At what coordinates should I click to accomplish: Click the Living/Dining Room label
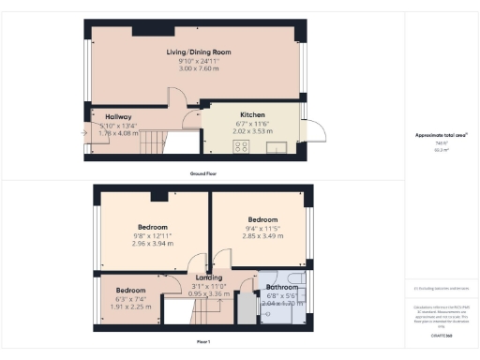198,52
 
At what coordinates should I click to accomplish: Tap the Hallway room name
117,115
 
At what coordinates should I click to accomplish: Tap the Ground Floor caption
197,174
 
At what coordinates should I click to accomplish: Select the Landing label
208,277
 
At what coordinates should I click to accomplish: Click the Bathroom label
280,287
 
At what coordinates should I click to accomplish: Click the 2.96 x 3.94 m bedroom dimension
153,244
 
